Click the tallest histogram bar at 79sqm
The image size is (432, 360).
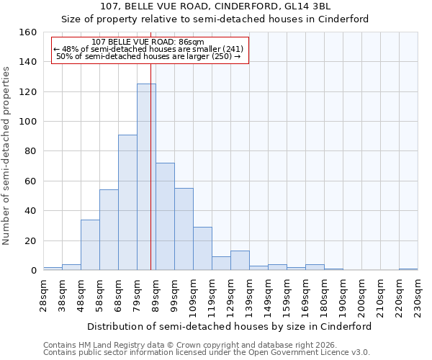146,177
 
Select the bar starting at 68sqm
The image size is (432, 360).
127,202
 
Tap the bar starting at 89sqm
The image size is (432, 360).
165,217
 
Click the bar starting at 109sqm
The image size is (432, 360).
202,248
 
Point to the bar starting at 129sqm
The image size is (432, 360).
240,261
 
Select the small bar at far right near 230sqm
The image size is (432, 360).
408,269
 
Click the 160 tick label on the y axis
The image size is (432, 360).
28,32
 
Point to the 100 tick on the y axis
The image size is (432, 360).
28,122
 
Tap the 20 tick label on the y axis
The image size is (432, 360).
31,241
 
